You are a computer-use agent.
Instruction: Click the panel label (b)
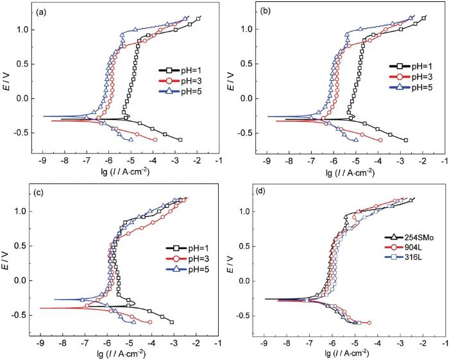pyautogui.click(x=266, y=12)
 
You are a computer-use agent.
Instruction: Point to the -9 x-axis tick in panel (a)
pyautogui.click(x=42, y=162)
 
